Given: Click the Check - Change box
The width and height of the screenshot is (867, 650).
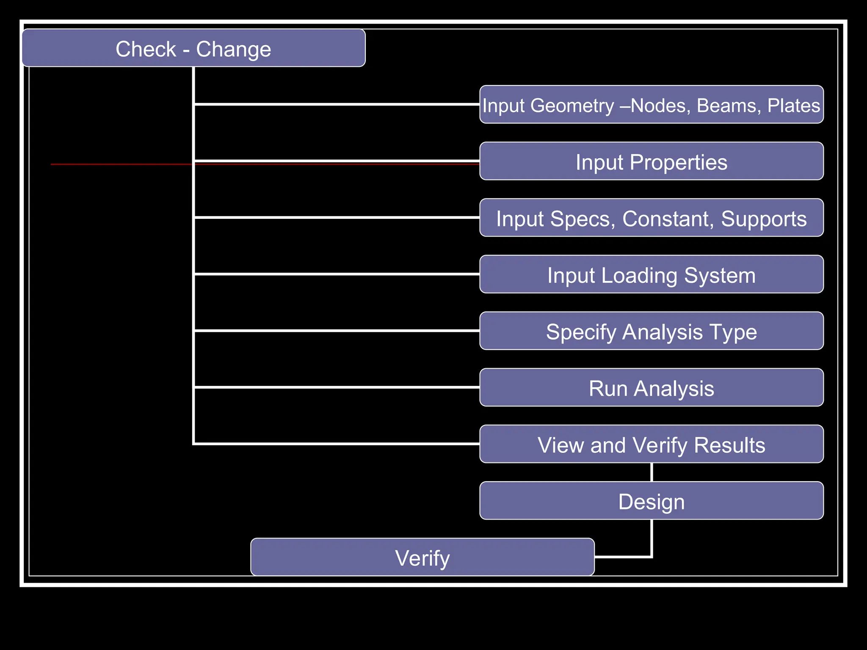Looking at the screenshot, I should (x=193, y=48).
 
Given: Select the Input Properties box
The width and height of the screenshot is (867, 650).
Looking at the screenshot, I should (x=651, y=161).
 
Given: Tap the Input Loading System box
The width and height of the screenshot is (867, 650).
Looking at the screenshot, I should (x=651, y=274).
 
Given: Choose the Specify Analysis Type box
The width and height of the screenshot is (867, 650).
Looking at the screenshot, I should (x=651, y=331).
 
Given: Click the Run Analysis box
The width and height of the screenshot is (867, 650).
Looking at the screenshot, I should (x=651, y=388).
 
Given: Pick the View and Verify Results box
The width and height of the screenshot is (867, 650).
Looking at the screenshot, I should (x=651, y=444).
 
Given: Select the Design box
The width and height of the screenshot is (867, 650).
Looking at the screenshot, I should (x=651, y=501).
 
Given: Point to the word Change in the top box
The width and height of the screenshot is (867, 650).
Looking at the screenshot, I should (x=233, y=49).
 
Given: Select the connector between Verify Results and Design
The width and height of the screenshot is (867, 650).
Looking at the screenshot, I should (x=652, y=472).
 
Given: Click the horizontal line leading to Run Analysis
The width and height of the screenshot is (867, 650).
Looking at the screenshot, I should (x=337, y=387).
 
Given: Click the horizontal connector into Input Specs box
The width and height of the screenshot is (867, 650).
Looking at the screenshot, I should (x=337, y=217).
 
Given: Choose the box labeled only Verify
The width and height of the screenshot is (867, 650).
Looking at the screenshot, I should (x=422, y=557).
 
